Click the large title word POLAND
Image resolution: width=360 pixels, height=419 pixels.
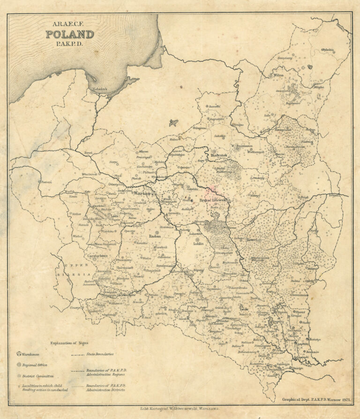pos(69,34)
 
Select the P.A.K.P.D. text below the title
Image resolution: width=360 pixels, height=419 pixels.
pos(69,44)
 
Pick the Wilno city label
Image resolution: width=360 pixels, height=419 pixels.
pos(279,75)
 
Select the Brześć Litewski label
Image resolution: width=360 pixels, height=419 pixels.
pos(213,200)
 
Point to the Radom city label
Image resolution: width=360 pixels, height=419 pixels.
pos(155,236)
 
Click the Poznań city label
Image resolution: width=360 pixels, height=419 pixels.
pos(46,182)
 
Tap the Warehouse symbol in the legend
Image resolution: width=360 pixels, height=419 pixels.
pos(19,353)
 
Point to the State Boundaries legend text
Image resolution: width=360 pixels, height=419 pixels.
pos(100,354)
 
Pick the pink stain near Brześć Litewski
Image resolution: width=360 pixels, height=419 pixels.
pos(211,190)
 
